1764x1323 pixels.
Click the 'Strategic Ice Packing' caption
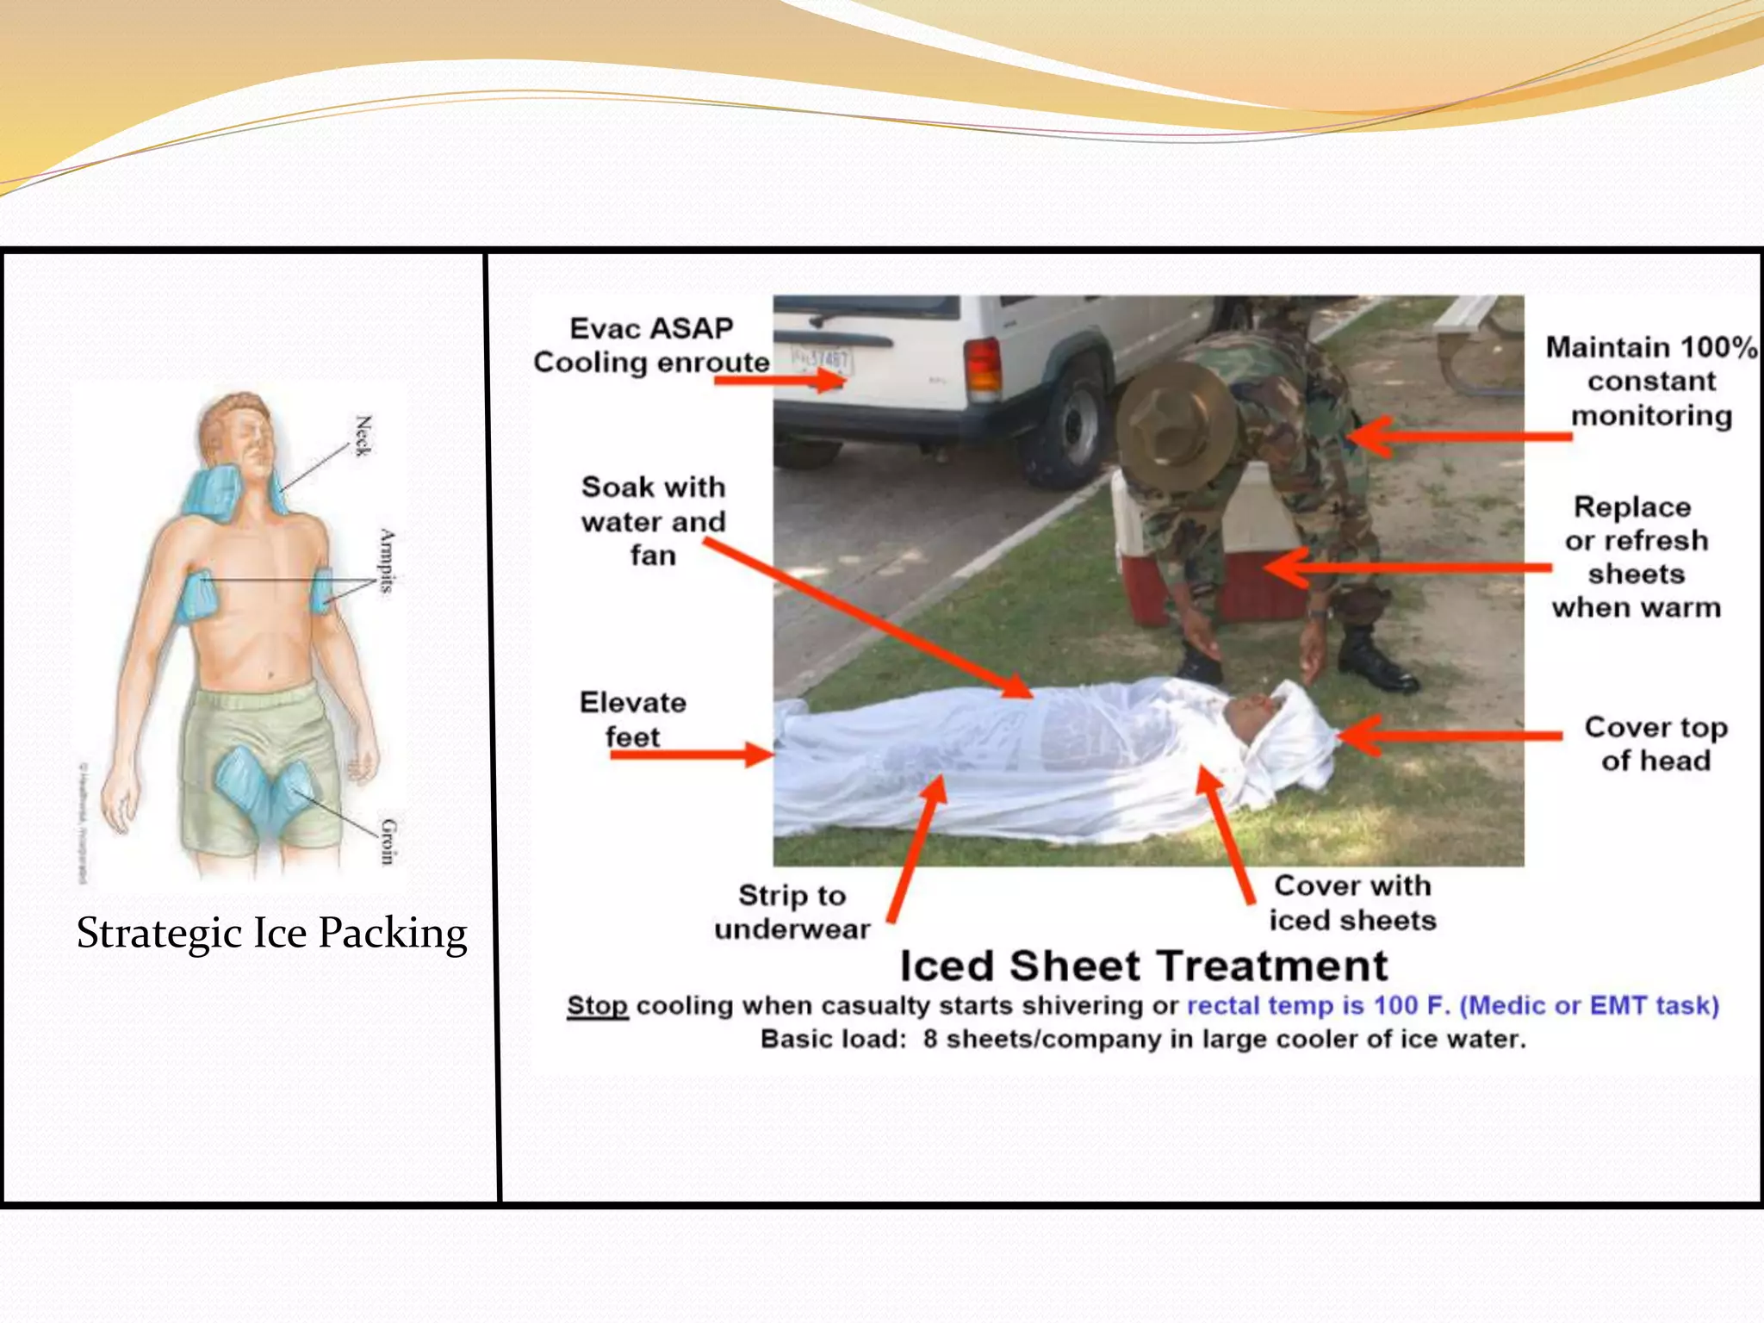click(271, 934)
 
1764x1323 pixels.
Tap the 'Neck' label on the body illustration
click(363, 436)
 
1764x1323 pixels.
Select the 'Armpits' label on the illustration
click(387, 561)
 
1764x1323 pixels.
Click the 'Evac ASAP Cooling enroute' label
click(650, 345)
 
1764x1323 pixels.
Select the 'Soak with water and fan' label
click(653, 521)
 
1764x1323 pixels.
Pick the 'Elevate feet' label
click(632, 719)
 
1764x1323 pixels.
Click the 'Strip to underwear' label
click(792, 912)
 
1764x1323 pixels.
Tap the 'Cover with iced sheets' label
click(1352, 903)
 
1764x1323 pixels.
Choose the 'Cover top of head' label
click(1655, 744)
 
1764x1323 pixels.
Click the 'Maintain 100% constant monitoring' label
click(1651, 382)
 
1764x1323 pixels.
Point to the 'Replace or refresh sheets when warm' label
click(1636, 557)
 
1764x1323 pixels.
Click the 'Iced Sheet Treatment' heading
click(1144, 966)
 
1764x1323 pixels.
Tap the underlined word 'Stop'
click(597, 1006)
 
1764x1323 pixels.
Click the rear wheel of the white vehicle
click(1068, 425)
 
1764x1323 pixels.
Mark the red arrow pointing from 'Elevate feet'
click(689, 755)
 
